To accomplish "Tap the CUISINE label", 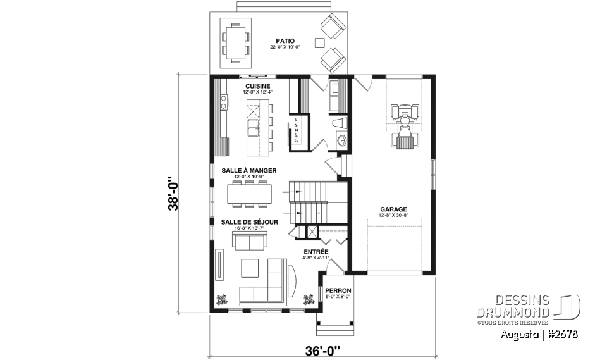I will [257, 86].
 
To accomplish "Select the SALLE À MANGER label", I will [248, 170].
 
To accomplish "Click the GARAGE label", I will [393, 209].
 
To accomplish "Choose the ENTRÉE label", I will [316, 251].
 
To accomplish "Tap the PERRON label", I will [338, 290].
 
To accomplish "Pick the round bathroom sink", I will [341, 140].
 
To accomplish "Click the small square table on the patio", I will [320, 43].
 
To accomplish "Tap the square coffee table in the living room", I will [249, 267].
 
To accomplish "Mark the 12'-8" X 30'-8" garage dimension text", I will [393, 216].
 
